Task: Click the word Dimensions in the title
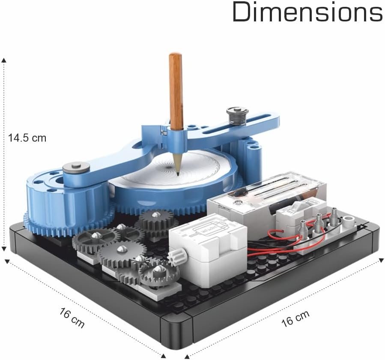click(x=307, y=12)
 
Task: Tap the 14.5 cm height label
click(x=27, y=138)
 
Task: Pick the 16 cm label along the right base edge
click(x=295, y=318)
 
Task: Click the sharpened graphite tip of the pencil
click(x=178, y=174)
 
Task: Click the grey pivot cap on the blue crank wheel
click(x=76, y=168)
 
